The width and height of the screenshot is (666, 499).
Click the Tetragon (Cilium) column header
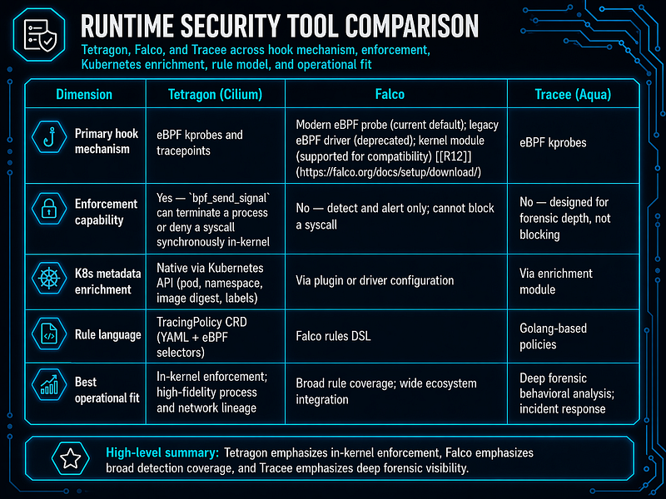tap(215, 94)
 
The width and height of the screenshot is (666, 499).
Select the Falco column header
tap(390, 94)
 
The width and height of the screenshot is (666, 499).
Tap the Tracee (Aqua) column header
tap(573, 94)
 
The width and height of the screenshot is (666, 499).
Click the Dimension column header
tap(84, 94)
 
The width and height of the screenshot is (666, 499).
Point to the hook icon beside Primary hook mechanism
tap(49, 137)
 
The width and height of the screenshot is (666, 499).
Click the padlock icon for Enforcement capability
tap(49, 209)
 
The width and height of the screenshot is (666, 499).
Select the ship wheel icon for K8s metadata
tap(49, 279)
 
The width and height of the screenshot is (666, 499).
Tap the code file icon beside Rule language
tap(49, 334)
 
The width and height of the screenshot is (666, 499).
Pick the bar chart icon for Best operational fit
tap(49, 385)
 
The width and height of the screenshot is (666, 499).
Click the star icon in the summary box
tap(71, 458)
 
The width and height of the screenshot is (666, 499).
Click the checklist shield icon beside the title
tap(39, 35)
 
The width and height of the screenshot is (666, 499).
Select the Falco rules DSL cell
tap(334, 336)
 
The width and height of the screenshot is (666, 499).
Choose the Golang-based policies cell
tap(553, 336)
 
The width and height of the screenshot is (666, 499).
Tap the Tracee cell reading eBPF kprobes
tap(553, 142)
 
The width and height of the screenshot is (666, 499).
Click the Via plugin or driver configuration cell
tap(375, 280)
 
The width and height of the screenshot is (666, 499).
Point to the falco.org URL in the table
tap(388, 172)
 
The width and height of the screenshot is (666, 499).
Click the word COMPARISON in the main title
tap(412, 27)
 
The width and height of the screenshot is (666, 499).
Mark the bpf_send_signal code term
tap(231, 198)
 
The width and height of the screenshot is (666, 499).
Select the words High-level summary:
tap(162, 452)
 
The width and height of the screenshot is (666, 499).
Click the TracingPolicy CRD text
tap(201, 322)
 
